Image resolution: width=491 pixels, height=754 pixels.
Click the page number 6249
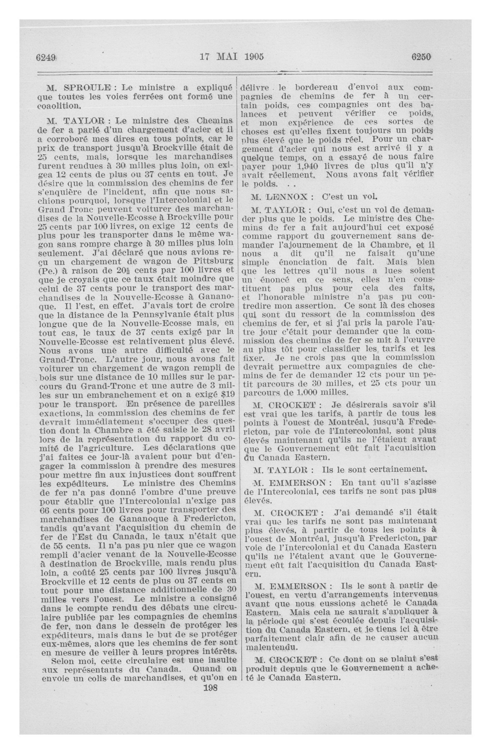(46, 57)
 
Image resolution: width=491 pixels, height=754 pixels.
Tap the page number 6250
(421, 57)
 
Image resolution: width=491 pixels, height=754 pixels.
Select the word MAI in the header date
(228, 57)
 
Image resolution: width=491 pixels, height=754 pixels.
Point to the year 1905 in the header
(254, 57)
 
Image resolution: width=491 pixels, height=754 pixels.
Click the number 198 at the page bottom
(211, 688)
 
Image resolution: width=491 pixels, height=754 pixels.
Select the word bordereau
(317, 87)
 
